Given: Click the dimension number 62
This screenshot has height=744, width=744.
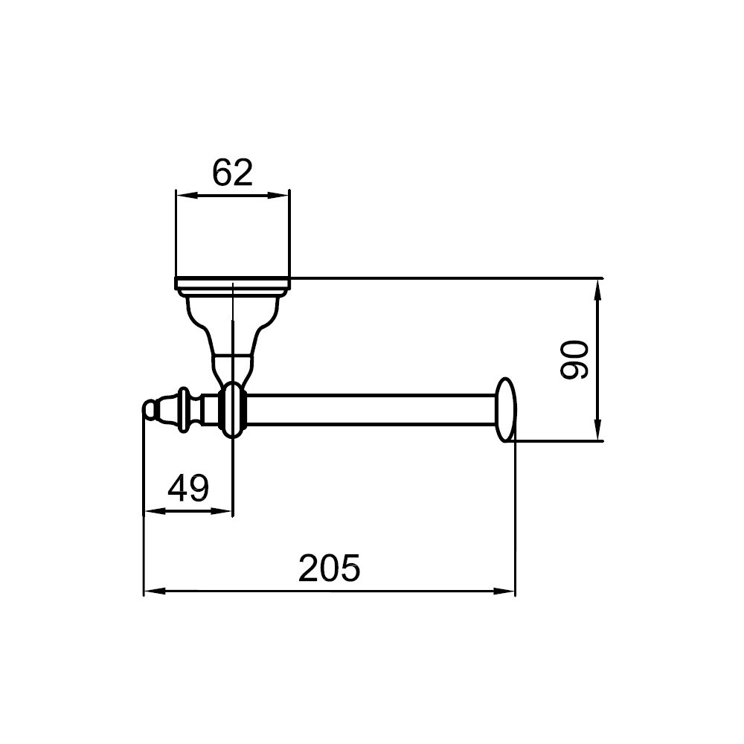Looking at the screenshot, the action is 232,173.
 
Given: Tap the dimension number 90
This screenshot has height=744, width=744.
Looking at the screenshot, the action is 574,359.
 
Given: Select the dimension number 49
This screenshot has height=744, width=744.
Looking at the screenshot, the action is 188,488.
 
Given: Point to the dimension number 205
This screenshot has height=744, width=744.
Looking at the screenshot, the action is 330,568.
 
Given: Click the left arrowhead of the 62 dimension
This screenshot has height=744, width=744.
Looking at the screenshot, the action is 187,195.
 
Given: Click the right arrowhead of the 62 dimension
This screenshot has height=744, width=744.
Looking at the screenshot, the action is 279,195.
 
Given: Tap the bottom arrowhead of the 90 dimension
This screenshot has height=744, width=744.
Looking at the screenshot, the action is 598,430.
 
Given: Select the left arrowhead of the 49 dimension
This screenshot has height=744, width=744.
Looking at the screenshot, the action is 154,511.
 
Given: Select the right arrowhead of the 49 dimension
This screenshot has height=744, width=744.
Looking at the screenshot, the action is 222,511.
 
